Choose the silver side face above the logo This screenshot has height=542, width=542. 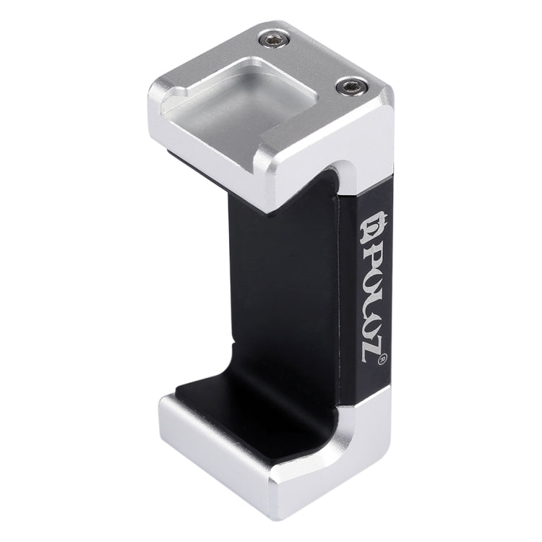click(376, 145)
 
